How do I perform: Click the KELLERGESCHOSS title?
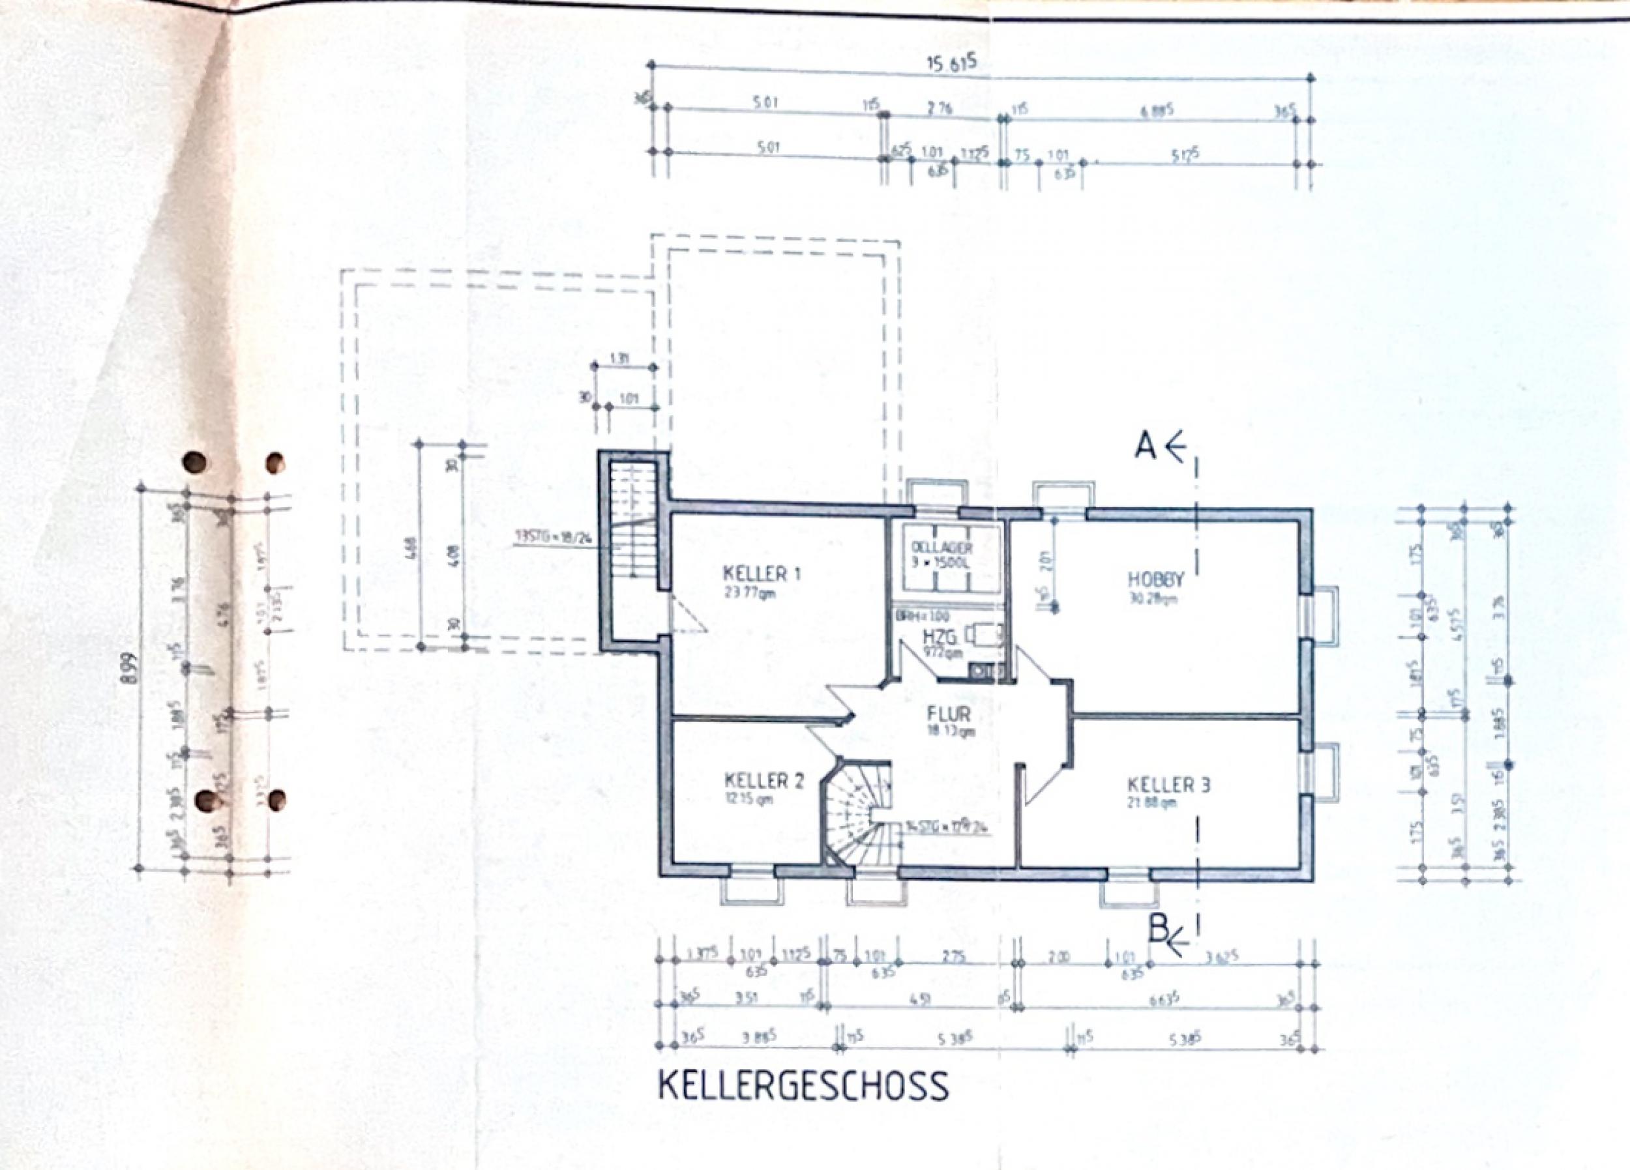(803, 1086)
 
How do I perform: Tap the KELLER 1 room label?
(761, 574)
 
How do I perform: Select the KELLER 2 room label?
(764, 780)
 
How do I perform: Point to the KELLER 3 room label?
(1168, 785)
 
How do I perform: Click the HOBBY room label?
(1155, 579)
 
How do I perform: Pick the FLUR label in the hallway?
(949, 714)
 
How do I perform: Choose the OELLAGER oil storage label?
(941, 549)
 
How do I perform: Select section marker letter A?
(1144, 446)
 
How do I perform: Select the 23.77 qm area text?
(750, 593)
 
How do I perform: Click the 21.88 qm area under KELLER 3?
(1152, 803)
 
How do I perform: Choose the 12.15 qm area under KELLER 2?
(749, 798)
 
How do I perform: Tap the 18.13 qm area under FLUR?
(950, 731)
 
